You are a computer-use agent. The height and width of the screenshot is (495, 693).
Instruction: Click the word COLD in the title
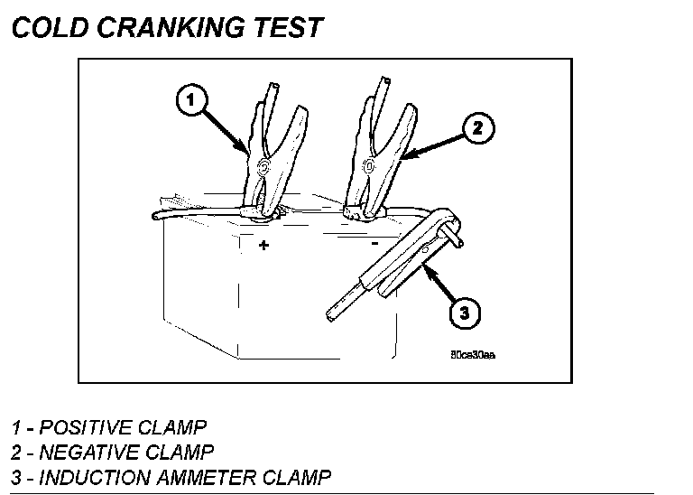coord(49,27)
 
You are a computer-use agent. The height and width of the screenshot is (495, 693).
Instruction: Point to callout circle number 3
coord(464,314)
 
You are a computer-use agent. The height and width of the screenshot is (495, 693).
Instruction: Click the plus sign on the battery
coord(263,245)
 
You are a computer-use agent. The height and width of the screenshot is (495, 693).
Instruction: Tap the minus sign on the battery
coord(374,242)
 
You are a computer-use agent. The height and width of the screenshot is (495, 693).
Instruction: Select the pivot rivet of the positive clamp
coord(263,165)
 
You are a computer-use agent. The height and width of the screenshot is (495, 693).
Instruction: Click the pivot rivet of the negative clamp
coord(368,165)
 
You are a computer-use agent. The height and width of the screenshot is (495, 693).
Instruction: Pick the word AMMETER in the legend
coord(200,476)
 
